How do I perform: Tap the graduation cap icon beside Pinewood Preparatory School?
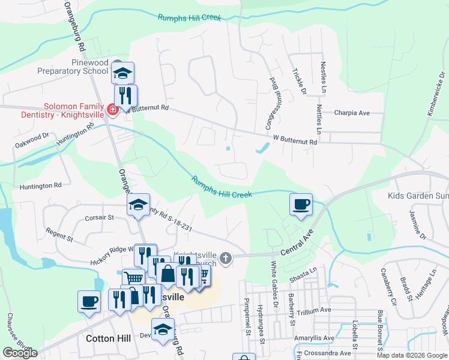tap(123, 74)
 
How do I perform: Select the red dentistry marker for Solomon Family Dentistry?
tap(111, 109)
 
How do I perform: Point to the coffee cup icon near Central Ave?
tap(301, 204)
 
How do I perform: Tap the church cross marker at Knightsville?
tap(226, 257)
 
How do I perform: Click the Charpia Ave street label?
tap(351, 113)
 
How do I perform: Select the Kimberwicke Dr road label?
tap(436, 100)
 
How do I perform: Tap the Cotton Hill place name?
tap(108, 338)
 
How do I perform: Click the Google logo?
tap(20, 353)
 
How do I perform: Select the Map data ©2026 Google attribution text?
tap(411, 355)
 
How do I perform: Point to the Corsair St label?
tap(100, 218)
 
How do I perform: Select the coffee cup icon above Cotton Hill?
tap(89, 301)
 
